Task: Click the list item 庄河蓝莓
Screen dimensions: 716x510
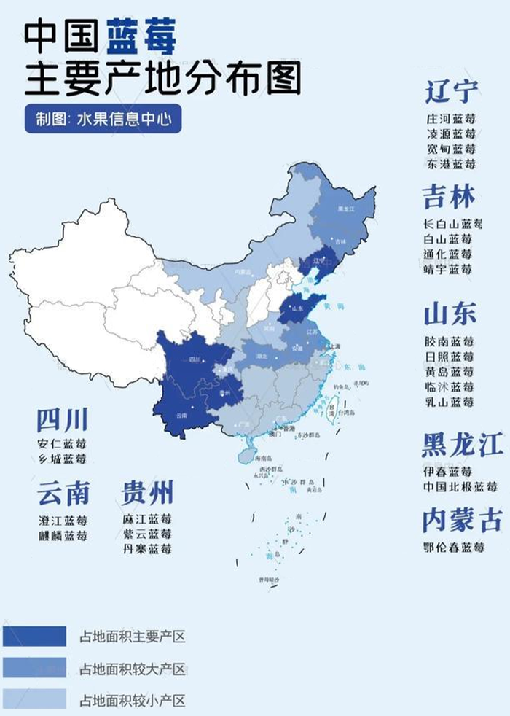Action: pyautogui.click(x=451, y=119)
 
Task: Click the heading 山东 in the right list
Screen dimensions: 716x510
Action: pyautogui.click(x=450, y=314)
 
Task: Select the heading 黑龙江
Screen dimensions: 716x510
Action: pyautogui.click(x=462, y=445)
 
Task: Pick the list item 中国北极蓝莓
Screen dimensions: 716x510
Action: pyautogui.click(x=460, y=486)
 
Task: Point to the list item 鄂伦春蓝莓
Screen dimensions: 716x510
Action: pyautogui.click(x=454, y=548)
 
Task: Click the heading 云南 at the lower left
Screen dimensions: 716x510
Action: pyautogui.click(x=63, y=494)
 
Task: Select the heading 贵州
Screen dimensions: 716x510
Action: pyautogui.click(x=147, y=494)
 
